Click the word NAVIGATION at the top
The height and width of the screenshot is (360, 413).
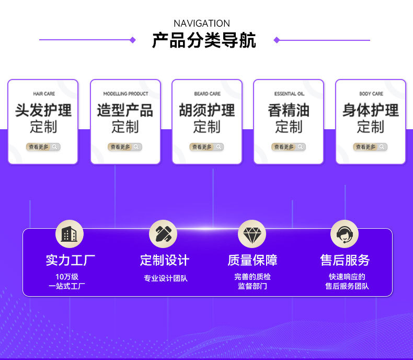(x=202, y=24)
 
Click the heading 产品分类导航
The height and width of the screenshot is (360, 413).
(x=204, y=40)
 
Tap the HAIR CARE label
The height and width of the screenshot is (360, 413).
(x=44, y=94)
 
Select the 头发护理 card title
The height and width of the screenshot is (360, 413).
(x=43, y=110)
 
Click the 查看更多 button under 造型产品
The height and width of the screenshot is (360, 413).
(x=125, y=147)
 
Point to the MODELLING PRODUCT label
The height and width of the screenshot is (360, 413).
(x=125, y=94)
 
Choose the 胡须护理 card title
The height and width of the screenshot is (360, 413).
(x=207, y=110)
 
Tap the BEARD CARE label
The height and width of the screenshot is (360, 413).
(x=208, y=94)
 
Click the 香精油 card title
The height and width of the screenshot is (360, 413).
(x=289, y=110)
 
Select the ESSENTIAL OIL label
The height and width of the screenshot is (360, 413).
(x=289, y=94)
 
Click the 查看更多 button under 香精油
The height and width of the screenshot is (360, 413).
(x=289, y=147)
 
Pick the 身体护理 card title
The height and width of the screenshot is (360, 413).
(x=371, y=110)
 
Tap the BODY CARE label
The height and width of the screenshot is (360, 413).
(x=371, y=94)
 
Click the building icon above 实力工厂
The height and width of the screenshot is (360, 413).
(x=70, y=234)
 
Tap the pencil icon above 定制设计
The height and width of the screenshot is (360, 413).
(x=163, y=234)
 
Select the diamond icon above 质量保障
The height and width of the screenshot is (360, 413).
(x=252, y=234)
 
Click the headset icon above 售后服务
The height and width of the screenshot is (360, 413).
(x=345, y=234)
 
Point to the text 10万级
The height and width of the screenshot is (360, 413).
(x=67, y=277)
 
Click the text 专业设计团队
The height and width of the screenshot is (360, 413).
(x=165, y=278)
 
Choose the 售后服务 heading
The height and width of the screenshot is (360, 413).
(x=345, y=260)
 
